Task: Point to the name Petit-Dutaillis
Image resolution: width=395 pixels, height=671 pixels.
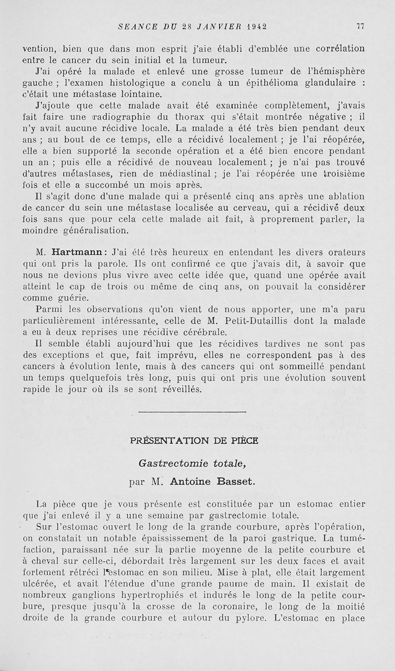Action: tap(282, 321)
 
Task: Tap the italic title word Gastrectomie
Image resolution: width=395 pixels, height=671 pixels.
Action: tap(165, 464)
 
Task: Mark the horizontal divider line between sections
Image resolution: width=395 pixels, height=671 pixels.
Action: tap(192, 411)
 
